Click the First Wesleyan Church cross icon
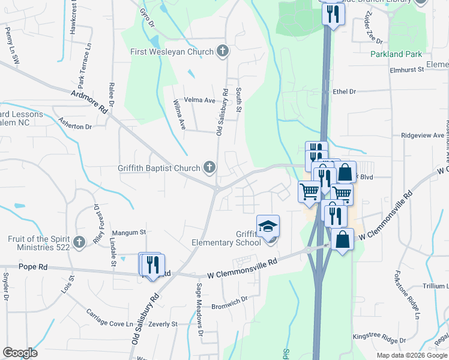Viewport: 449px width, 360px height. pos(223,52)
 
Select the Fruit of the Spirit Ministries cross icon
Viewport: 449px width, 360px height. pos(79,242)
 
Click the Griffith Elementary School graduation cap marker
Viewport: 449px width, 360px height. pos(268,227)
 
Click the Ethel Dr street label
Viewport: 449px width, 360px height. pos(345,92)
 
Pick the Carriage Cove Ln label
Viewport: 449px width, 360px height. pos(109,318)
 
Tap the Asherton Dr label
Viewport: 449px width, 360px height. pos(75,127)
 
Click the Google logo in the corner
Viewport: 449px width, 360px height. pos(20,353)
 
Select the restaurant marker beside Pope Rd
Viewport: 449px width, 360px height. pos(152,265)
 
